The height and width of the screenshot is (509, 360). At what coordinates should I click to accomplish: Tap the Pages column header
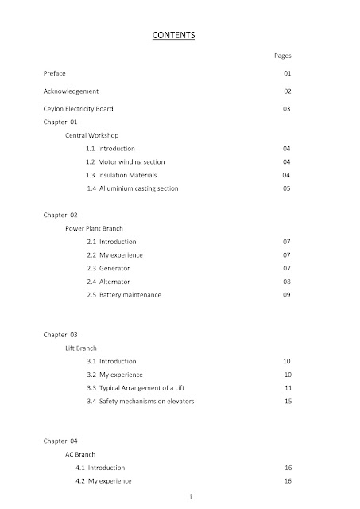pos(282,56)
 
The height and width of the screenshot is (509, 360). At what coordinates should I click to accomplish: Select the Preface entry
pos(55,73)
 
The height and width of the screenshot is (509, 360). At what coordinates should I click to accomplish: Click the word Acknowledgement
pos(71,91)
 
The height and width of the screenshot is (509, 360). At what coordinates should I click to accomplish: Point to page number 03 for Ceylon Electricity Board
pos(287,107)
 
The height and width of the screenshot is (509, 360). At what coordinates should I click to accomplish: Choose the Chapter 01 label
pos(60,122)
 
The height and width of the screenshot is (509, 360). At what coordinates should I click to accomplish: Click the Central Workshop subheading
pos(93,136)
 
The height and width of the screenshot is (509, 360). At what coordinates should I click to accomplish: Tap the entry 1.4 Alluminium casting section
pos(133,188)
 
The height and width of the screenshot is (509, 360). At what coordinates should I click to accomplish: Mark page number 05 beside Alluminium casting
pos(287,188)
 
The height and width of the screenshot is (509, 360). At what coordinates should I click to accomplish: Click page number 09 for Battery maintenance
pos(287,295)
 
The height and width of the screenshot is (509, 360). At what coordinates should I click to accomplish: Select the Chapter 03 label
pos(60,335)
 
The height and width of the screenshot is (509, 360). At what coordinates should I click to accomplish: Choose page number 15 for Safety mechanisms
pos(288,401)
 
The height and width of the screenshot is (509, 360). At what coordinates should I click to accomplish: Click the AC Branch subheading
pos(80,454)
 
